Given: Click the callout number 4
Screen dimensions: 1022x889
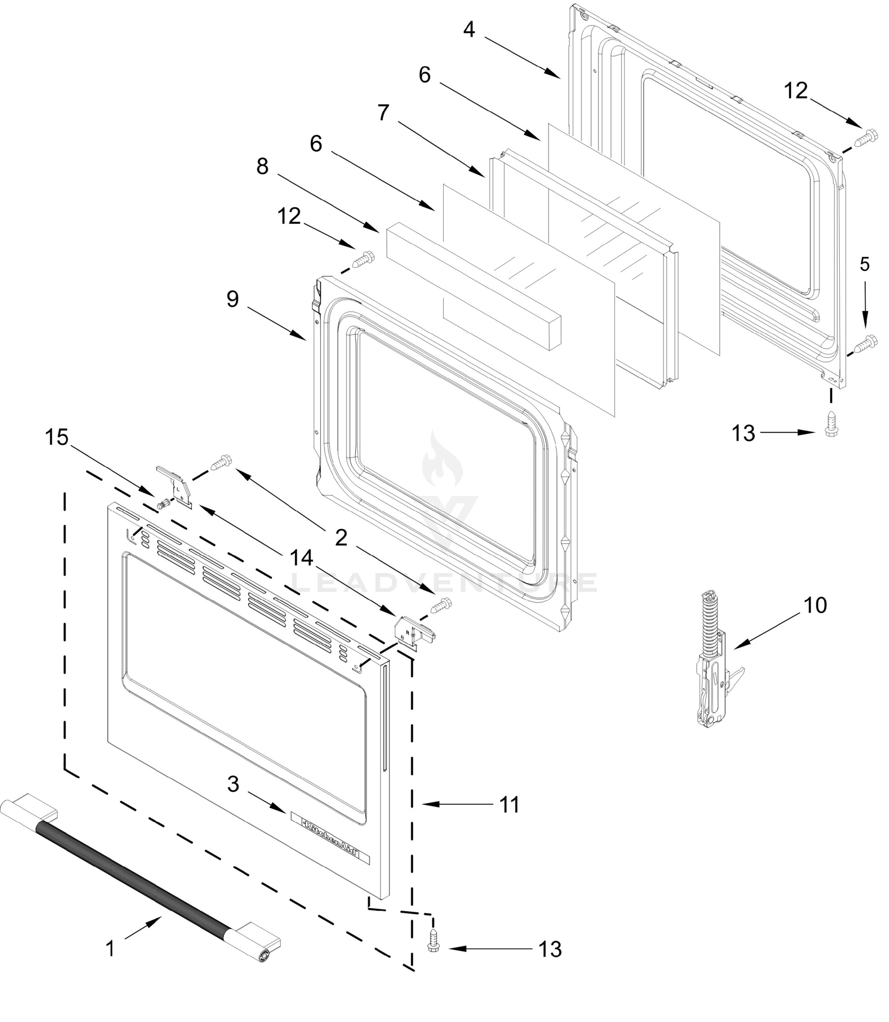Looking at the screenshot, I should [x=469, y=30].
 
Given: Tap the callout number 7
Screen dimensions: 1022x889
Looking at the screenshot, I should [x=383, y=113].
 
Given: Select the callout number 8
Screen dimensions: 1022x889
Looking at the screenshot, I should [x=262, y=167].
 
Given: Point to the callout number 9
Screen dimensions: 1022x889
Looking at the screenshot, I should [x=233, y=299].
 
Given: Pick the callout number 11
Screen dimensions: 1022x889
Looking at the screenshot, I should [x=509, y=805].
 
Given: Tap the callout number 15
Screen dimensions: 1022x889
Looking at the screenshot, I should [x=57, y=437].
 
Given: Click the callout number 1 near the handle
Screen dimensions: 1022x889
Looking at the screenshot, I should [x=110, y=949].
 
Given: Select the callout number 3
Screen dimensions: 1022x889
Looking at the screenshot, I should [x=233, y=784].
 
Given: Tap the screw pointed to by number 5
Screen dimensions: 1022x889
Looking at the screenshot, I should [x=867, y=342].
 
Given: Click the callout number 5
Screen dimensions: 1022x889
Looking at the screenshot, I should [x=865, y=265].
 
